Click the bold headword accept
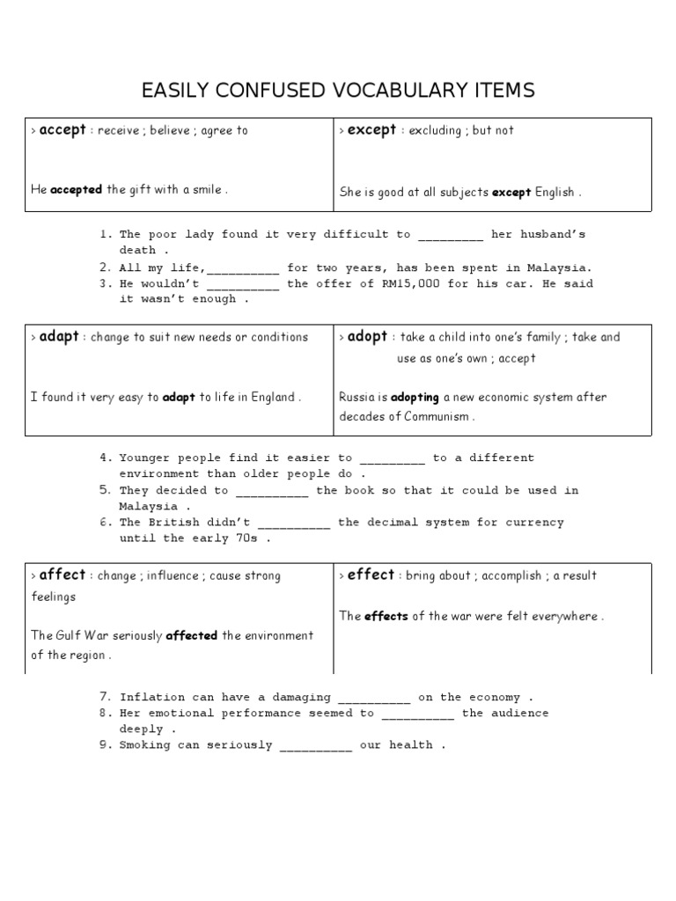(63, 130)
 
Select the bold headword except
(371, 130)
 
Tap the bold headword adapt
(60, 337)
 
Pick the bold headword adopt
(368, 337)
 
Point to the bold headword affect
(62, 575)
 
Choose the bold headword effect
(371, 575)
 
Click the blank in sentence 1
(451, 235)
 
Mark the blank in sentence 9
(316, 745)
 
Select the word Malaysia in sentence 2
(561, 267)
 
